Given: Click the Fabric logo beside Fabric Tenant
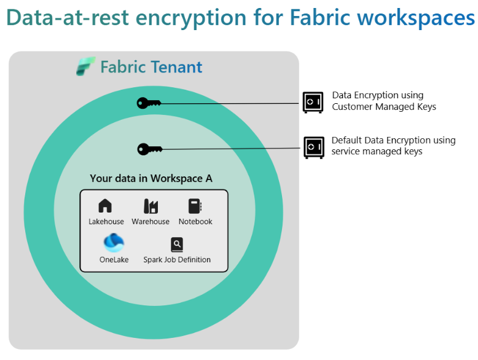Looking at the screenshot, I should tap(85, 66).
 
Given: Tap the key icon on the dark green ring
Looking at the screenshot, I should tap(149, 103).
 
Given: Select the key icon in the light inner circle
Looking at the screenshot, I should tap(149, 149).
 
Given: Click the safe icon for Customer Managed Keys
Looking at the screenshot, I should tap(313, 102).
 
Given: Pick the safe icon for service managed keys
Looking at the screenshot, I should tap(313, 147).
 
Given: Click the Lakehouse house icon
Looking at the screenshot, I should tap(106, 206).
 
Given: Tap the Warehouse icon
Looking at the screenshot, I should tap(151, 206).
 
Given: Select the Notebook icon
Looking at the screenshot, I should tap(195, 206).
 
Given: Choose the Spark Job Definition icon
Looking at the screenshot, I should tap(177, 245).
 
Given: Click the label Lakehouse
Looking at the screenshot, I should tap(106, 222).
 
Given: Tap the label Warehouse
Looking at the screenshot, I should tap(151, 222).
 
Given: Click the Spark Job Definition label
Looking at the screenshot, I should tap(177, 260).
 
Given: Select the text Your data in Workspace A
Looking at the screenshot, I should tap(151, 179).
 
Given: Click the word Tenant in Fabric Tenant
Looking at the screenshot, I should tap(177, 67).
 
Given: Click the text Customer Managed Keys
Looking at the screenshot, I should tap(384, 107).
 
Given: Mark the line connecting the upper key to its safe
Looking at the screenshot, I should tap(233, 103).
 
